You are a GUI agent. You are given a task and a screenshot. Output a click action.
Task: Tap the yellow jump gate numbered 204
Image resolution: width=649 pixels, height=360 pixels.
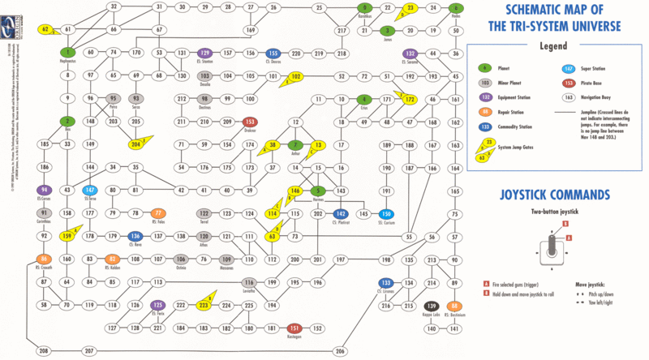[x=136, y=144]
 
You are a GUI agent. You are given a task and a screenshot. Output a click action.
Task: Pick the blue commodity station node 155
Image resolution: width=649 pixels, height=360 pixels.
[x=273, y=53]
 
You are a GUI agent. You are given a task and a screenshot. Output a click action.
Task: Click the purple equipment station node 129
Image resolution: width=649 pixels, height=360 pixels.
[x=204, y=53]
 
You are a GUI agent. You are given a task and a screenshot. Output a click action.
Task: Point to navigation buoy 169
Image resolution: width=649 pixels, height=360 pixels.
[x=251, y=30]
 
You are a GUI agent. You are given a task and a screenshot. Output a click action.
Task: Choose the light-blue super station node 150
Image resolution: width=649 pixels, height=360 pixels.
[x=387, y=191]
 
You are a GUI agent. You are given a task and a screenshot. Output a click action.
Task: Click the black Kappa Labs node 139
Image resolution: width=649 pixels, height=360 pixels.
[x=432, y=306]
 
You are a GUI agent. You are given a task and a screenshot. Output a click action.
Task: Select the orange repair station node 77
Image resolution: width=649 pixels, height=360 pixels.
[x=159, y=213]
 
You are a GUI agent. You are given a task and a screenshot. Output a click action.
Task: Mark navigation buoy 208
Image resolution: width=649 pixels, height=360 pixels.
[x=44, y=351]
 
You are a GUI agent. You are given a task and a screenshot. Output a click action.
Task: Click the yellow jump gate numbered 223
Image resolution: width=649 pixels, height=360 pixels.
[x=204, y=306]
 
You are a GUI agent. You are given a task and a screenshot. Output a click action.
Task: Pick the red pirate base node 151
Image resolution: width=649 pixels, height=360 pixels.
[x=295, y=328]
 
